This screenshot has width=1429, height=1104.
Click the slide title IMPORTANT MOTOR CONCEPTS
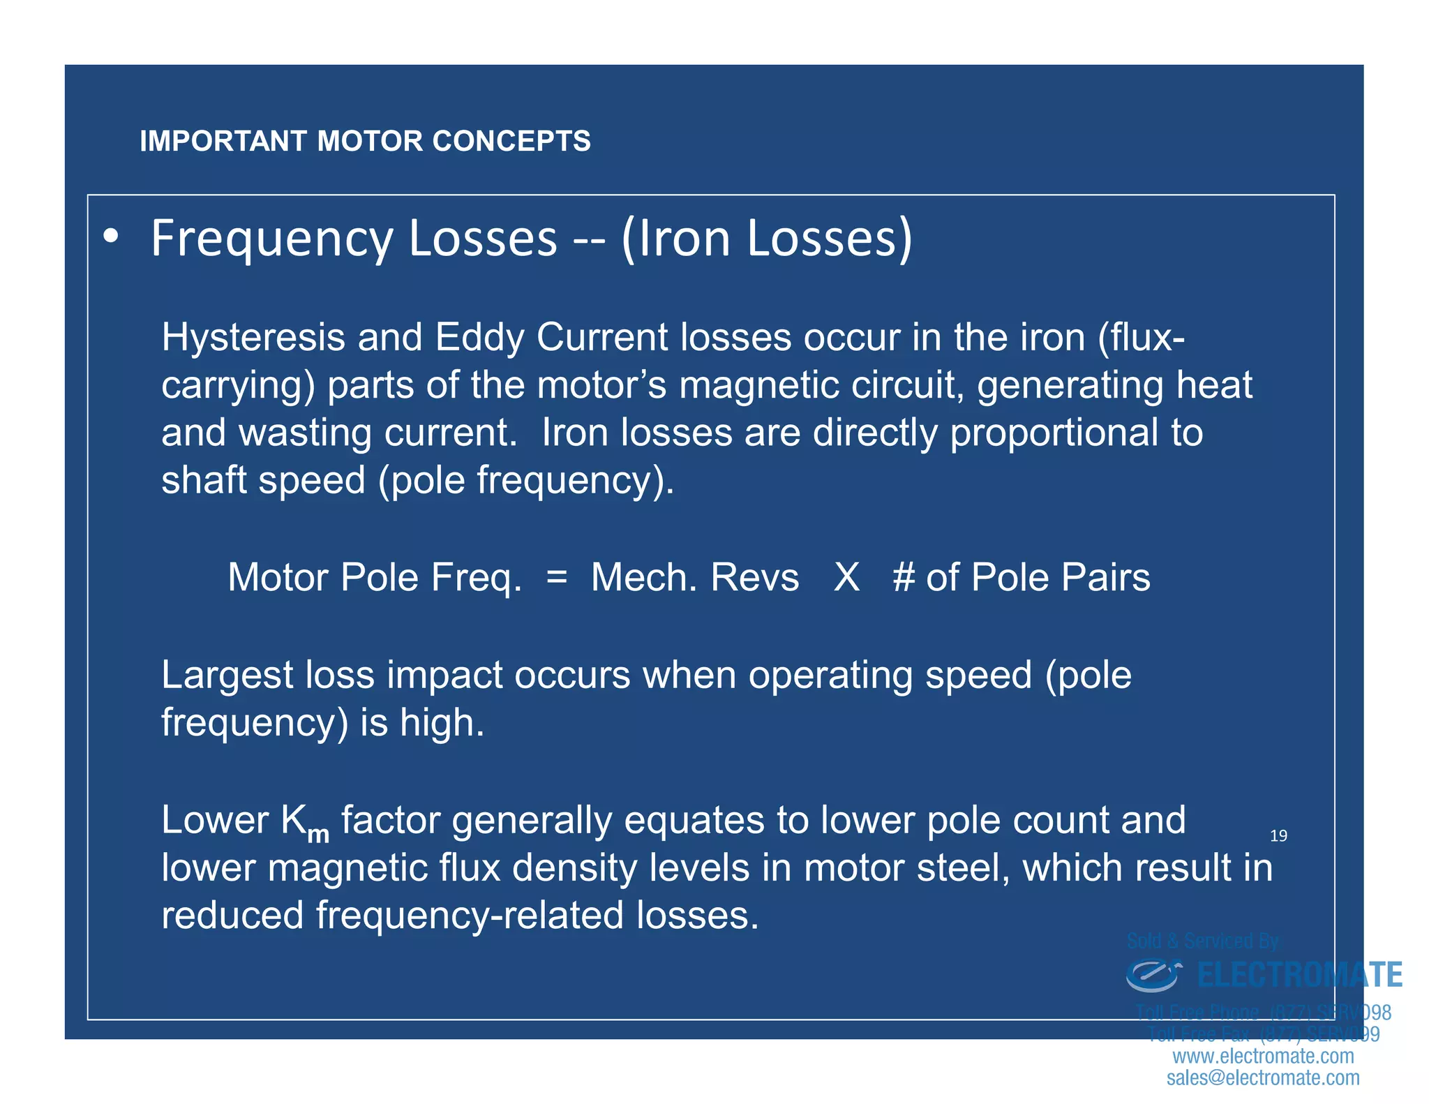[365, 141]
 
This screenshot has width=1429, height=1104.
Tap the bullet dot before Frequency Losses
[110, 237]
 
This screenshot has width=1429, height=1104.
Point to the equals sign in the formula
[557, 576]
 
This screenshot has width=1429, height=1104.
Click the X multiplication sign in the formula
[846, 577]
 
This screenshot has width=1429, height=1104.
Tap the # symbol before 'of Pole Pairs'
[904, 577]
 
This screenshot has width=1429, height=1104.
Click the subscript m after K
[318, 833]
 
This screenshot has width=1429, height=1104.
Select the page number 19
[1278, 835]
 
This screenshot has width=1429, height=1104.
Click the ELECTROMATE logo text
[1299, 975]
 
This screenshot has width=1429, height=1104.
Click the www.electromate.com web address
[1263, 1056]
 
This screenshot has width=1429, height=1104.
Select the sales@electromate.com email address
[1263, 1077]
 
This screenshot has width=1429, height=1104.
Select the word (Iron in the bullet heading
[676, 239]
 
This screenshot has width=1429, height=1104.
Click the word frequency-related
[469, 915]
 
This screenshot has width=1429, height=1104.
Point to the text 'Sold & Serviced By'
[1203, 941]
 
